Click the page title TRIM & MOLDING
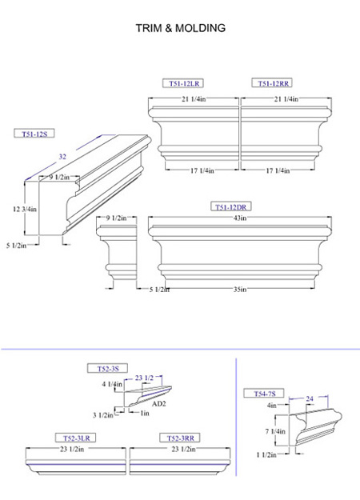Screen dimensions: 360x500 coord(181,28)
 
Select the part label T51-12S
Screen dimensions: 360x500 coord(34,134)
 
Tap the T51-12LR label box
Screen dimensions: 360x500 coord(183,83)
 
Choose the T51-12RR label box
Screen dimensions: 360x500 coord(272,83)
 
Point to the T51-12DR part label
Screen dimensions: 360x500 coord(231,206)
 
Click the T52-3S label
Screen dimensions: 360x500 coord(108,368)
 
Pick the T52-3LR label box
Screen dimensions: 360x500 coord(76,438)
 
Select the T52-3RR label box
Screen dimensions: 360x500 coord(180,438)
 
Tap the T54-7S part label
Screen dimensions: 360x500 coord(264,394)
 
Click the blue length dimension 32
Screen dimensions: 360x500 coord(62,157)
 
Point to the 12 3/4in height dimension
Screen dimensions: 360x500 coord(25,209)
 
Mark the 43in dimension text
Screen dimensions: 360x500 coord(240,218)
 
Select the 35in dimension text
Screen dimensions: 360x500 coord(240,290)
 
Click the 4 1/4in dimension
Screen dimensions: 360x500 coord(112,384)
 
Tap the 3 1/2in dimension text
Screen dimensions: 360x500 coord(103,415)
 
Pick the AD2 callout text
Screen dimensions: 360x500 coord(158,404)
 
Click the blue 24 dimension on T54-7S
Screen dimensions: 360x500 coord(310,398)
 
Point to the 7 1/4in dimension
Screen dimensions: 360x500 coord(275,431)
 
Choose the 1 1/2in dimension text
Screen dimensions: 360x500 coord(266,454)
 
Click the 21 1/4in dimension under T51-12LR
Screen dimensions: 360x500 coord(194,99)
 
